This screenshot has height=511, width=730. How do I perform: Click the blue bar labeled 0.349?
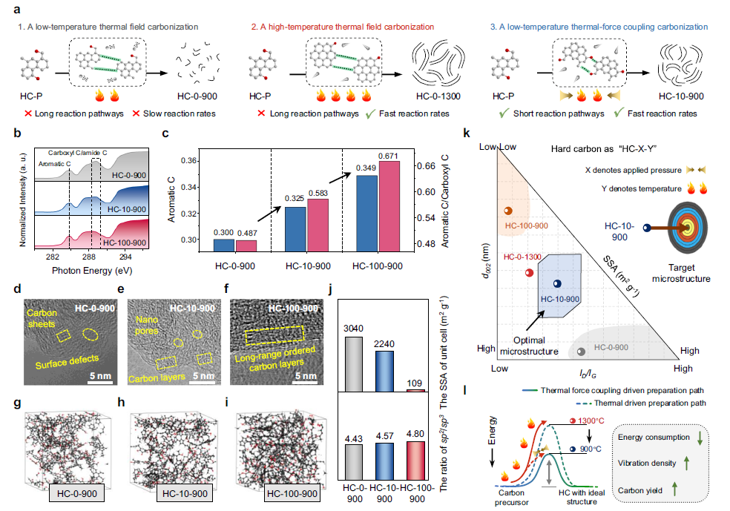(x=366, y=214)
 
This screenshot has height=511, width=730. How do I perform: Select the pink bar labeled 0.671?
(x=389, y=206)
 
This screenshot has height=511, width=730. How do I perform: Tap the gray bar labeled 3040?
(x=353, y=364)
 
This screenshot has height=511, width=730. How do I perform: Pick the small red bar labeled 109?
(x=415, y=390)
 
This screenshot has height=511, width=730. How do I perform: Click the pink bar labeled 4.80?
(x=415, y=461)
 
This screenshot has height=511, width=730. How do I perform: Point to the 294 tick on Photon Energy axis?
(x=125, y=257)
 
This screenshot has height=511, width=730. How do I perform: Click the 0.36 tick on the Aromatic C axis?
(x=188, y=161)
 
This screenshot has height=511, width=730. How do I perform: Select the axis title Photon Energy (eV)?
(x=92, y=271)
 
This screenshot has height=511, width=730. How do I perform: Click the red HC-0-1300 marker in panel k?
(x=530, y=273)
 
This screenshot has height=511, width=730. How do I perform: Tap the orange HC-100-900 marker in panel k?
(x=508, y=211)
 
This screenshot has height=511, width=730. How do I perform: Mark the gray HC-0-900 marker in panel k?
(x=581, y=352)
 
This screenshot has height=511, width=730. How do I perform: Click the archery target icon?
(x=688, y=228)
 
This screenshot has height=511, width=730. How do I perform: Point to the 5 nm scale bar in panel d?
(x=100, y=383)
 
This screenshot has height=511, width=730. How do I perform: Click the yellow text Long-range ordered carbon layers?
(x=276, y=359)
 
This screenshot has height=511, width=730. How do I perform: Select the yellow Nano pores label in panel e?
(x=147, y=326)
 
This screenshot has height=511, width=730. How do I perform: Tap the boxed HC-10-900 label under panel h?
(x=185, y=493)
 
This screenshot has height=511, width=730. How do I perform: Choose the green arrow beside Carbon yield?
(x=674, y=489)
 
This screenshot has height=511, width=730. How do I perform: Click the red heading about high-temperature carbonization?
(x=343, y=27)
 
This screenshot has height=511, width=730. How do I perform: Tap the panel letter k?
(x=467, y=133)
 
